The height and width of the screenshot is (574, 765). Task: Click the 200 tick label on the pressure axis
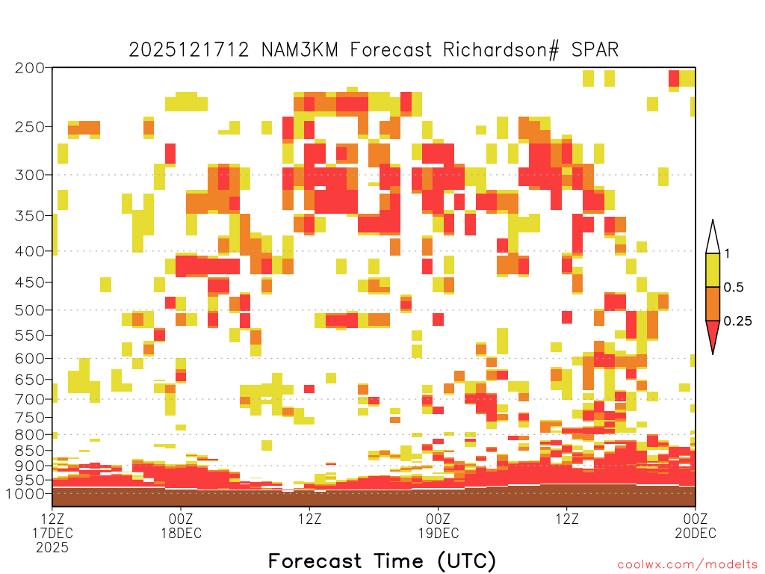[x=29, y=68]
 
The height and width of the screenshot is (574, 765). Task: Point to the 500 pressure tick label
[x=29, y=310]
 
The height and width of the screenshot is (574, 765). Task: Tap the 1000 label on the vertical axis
[x=25, y=494]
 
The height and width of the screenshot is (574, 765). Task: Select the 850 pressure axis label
[x=29, y=451]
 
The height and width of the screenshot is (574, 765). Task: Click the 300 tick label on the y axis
[x=29, y=175]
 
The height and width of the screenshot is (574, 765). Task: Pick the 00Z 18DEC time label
[x=181, y=525]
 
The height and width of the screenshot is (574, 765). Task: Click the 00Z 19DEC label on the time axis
[x=438, y=525]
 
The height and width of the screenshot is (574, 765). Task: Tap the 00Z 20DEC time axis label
[x=696, y=525]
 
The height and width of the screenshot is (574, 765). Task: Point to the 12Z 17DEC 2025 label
[x=52, y=533]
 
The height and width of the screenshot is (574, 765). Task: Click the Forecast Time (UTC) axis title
[x=382, y=561]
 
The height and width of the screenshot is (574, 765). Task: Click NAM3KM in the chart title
[x=300, y=50]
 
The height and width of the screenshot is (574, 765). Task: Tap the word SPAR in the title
[x=595, y=50]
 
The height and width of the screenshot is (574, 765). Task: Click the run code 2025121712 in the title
[x=189, y=50]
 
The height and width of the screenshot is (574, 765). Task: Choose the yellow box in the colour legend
[x=713, y=271]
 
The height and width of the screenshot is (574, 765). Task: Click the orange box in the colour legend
[x=713, y=304]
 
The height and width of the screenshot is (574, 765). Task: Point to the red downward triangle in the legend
[x=713, y=334]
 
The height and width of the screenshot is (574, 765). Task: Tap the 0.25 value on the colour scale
[x=737, y=321]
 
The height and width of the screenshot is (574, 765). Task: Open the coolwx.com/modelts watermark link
[x=687, y=565]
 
